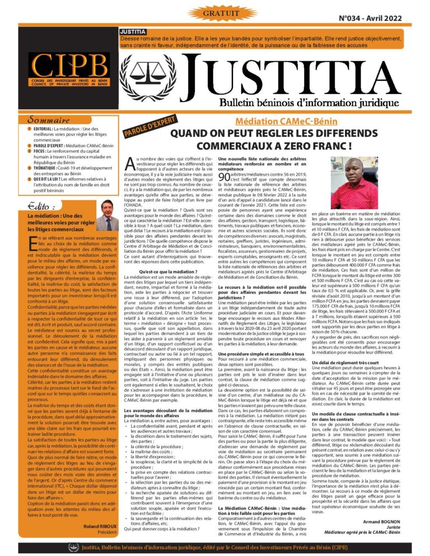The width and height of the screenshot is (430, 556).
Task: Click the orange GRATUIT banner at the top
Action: click(215, 12)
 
